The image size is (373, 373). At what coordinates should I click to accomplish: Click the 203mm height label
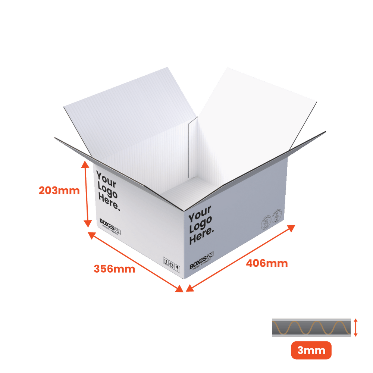(59, 191)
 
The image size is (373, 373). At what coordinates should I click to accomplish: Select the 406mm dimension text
(267, 263)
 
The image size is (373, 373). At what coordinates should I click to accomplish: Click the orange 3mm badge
(311, 350)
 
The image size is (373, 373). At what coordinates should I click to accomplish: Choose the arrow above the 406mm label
(241, 257)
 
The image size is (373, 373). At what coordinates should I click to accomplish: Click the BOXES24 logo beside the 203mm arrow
(110, 223)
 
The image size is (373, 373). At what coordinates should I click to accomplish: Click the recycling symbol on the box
(172, 265)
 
